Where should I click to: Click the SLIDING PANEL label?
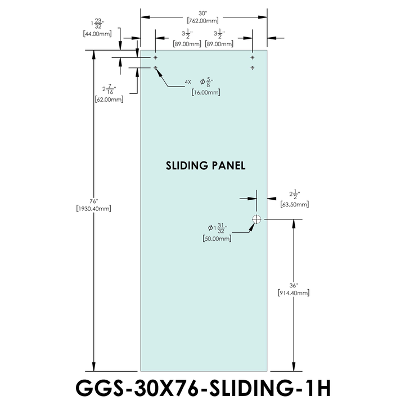206,166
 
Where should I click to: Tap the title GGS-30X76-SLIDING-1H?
202,388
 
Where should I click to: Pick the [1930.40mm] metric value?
93,209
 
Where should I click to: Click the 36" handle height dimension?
293,285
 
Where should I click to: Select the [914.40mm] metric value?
293,292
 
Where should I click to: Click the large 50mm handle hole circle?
257,219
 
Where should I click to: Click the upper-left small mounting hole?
155,57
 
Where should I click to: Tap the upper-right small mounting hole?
253,57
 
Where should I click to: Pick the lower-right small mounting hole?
253,67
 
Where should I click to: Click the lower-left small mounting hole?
155,67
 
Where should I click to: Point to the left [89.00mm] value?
186,43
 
